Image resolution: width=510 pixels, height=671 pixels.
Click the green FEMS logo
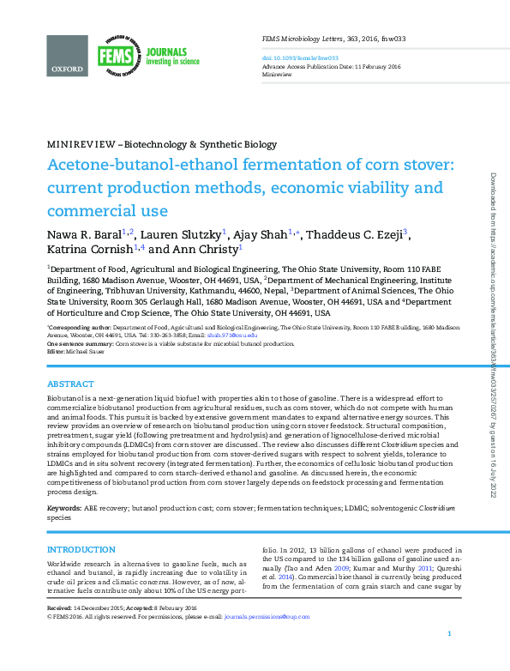(x=115, y=56)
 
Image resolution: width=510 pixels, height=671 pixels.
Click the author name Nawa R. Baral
(x=84, y=233)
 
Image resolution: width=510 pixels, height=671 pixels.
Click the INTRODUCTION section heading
(x=81, y=549)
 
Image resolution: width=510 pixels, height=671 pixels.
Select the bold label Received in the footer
(x=60, y=607)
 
